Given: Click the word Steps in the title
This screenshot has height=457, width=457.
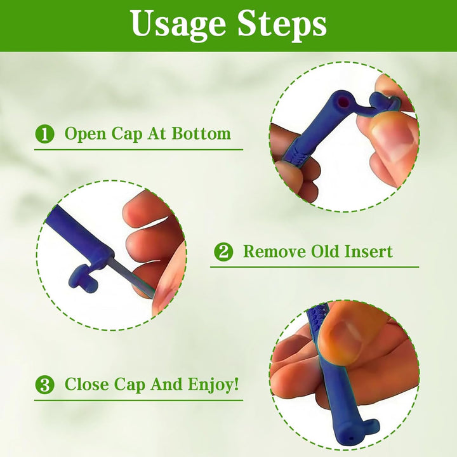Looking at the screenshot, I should [281, 25].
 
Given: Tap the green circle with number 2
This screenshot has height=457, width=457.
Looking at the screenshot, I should [222, 252].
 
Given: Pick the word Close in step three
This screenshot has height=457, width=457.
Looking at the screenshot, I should [88, 385].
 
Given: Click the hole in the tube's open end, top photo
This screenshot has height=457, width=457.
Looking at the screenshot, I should [343, 100].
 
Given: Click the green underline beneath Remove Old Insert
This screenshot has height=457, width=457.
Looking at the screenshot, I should [314, 267].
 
